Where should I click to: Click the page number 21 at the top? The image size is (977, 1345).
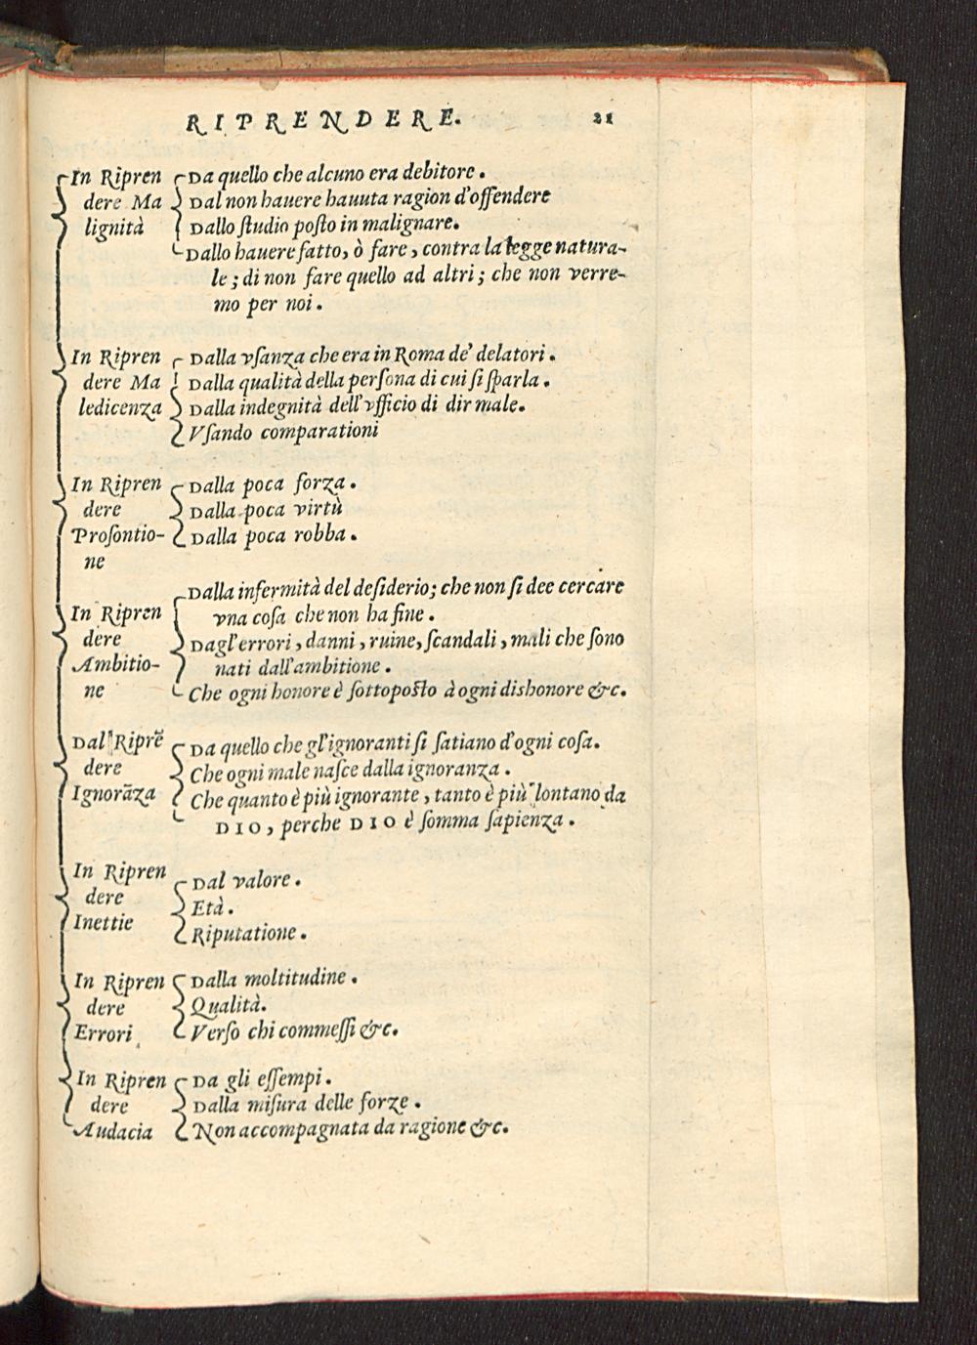click(600, 118)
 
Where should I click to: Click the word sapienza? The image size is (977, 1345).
click(525, 824)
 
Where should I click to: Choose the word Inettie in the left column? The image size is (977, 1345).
click(103, 922)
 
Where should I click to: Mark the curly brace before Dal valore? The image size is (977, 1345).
click(178, 906)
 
